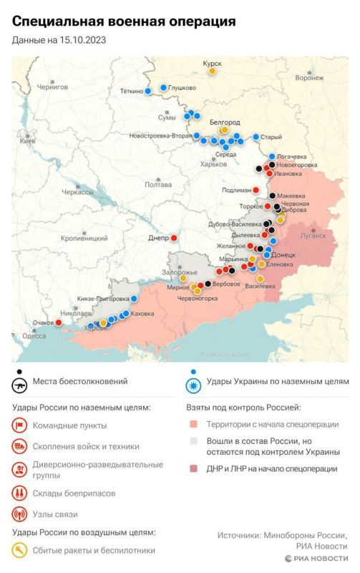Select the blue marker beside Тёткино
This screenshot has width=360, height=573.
pyautogui.click(x=148, y=91)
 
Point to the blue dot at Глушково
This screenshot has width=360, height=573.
pyautogui.click(x=163, y=87)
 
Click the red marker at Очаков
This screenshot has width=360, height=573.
pyautogui.click(x=59, y=322)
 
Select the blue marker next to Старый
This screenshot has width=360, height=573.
pyautogui.click(x=255, y=137)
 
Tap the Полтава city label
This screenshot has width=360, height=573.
pyautogui.click(x=157, y=184)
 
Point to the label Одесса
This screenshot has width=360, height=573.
pyautogui.click(x=34, y=335)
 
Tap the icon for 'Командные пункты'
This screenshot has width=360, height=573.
pyautogui.click(x=20, y=425)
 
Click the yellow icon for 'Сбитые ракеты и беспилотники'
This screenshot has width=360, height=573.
pyautogui.click(x=20, y=551)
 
